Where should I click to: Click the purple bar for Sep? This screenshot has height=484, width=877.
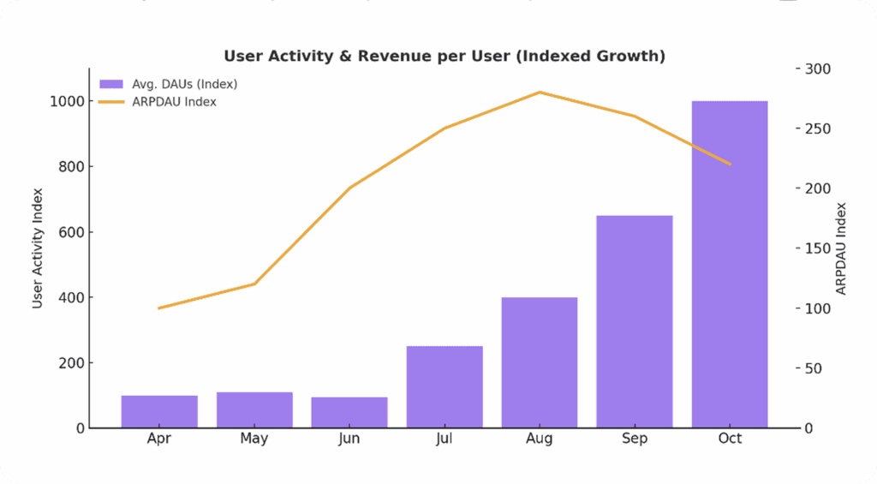[635, 321]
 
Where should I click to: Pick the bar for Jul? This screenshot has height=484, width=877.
[444, 386]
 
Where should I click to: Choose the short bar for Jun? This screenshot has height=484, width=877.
[349, 412]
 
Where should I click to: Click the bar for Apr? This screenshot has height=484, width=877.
[159, 411]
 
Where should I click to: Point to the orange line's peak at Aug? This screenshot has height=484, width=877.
[540, 92]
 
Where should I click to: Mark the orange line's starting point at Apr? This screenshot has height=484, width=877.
[159, 308]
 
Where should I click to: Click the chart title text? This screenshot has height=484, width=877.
[444, 56]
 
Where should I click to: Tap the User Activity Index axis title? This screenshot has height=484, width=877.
[38, 248]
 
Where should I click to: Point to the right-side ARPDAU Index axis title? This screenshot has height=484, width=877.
[841, 248]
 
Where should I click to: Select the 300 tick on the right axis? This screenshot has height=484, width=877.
[820, 69]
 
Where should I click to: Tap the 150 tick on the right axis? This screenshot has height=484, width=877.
[820, 248]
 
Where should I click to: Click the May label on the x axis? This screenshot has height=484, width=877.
[254, 439]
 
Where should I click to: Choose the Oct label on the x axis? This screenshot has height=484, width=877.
[730, 439]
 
